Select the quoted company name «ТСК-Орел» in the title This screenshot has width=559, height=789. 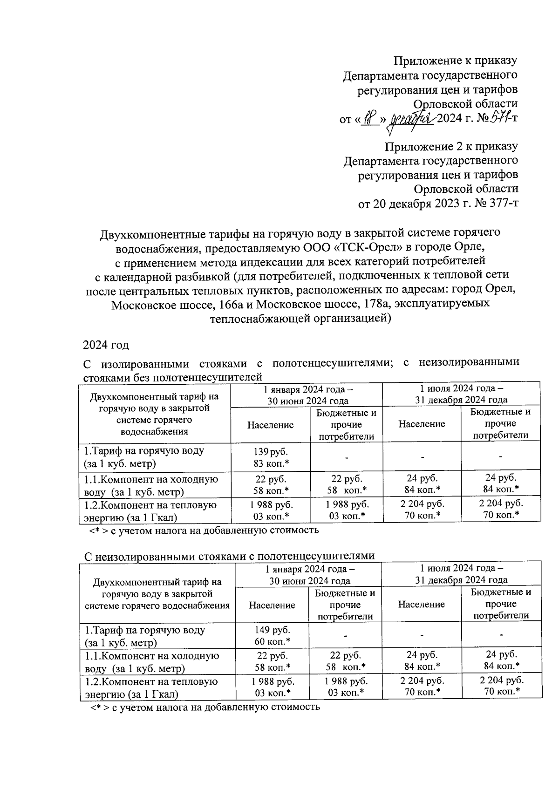pyautogui.click(x=352, y=245)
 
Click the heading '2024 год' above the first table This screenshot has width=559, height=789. pyautogui.click(x=106, y=345)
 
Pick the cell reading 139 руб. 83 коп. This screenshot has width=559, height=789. pyautogui.click(x=270, y=457)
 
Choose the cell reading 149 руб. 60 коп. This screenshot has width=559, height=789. pyautogui.click(x=272, y=636)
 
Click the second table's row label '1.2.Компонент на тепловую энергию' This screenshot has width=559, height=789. pyautogui.click(x=151, y=687)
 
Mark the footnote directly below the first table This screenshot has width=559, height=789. pyautogui.click(x=204, y=530)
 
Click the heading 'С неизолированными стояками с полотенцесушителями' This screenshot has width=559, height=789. pyautogui.click(x=229, y=556)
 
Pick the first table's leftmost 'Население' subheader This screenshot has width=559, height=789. pyautogui.click(x=270, y=425)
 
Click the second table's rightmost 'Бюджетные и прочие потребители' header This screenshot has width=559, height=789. pyautogui.click(x=501, y=604)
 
